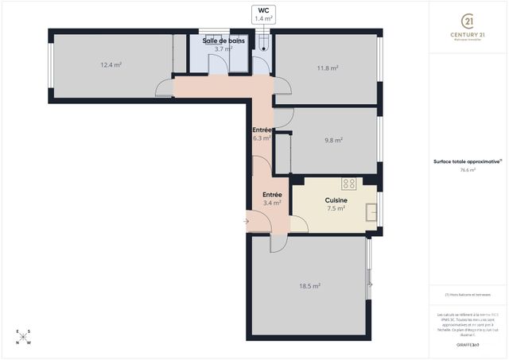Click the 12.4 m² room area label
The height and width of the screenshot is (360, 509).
pyautogui.click(x=111, y=65)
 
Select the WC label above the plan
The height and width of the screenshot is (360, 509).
pyautogui.click(x=263, y=10)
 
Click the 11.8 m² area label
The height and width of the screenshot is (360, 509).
pyautogui.click(x=328, y=68)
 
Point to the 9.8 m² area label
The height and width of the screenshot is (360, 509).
pyautogui.click(x=333, y=141)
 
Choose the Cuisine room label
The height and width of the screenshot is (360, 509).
pyautogui.click(x=336, y=200)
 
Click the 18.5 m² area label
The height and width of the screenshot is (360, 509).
pyautogui.click(x=309, y=286)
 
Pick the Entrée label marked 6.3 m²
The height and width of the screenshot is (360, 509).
pyautogui.click(x=262, y=130)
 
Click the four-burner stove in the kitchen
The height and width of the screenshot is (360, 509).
pyautogui.click(x=349, y=184)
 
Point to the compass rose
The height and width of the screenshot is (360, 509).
pyautogui.click(x=24, y=337)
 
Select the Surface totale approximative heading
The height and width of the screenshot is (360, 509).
pyautogui.click(x=467, y=161)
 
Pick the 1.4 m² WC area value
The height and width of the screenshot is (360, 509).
pyautogui.click(x=263, y=18)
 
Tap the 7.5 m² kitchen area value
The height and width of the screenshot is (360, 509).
pyautogui.click(x=336, y=209)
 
